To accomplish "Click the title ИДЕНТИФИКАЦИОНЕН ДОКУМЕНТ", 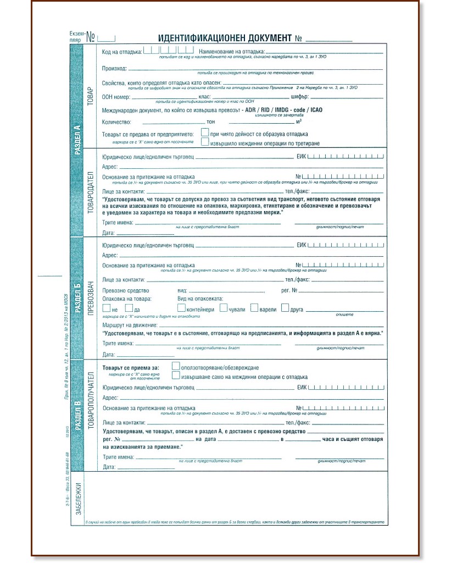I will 224,38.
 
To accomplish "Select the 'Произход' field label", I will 114,69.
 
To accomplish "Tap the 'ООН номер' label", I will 116,97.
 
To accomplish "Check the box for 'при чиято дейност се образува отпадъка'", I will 204,133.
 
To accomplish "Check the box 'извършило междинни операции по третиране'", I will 204,142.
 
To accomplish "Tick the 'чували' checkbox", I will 223,308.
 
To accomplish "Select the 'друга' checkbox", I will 285,308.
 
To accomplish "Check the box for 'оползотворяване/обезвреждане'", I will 176,366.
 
